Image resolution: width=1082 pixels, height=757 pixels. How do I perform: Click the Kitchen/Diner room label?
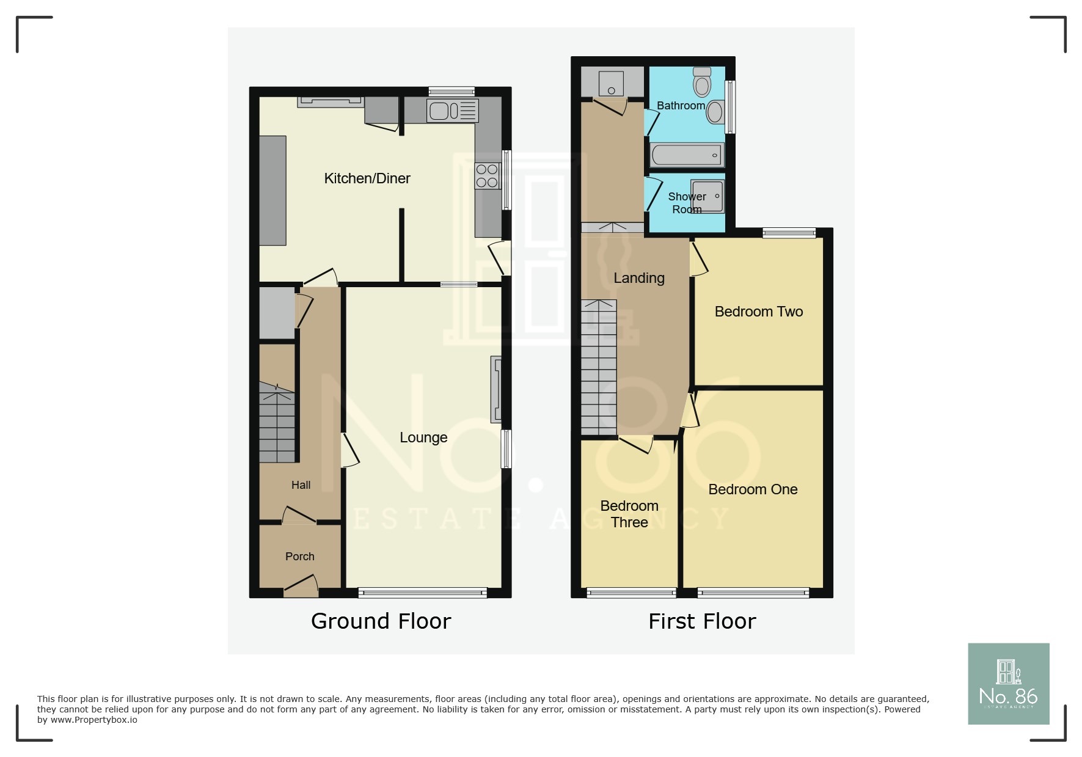click(367, 178)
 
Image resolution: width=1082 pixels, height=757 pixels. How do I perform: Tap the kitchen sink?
click(452, 111)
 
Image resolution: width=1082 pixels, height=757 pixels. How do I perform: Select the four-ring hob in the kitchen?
click(487, 176)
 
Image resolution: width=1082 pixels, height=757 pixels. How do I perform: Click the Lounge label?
click(423, 437)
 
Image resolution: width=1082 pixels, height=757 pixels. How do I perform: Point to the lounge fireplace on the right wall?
click(496, 389)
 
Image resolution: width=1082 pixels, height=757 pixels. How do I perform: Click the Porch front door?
click(301, 585)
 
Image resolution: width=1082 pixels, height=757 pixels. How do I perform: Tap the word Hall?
click(301, 485)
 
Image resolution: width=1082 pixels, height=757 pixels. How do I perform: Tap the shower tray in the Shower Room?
click(707, 196)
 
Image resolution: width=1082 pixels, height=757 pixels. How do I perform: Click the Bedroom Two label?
click(758, 312)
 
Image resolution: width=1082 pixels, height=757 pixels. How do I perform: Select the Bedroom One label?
click(753, 489)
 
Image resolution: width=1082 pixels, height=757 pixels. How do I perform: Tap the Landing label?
click(638, 278)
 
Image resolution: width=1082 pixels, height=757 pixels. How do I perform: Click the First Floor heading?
click(702, 621)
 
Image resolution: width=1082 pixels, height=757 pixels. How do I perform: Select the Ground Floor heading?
click(381, 621)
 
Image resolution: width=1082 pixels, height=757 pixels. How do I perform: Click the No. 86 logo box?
click(1008, 684)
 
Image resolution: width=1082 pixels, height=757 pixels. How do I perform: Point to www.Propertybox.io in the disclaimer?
click(93, 720)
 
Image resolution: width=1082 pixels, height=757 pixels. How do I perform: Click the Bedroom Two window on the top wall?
click(789, 232)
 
